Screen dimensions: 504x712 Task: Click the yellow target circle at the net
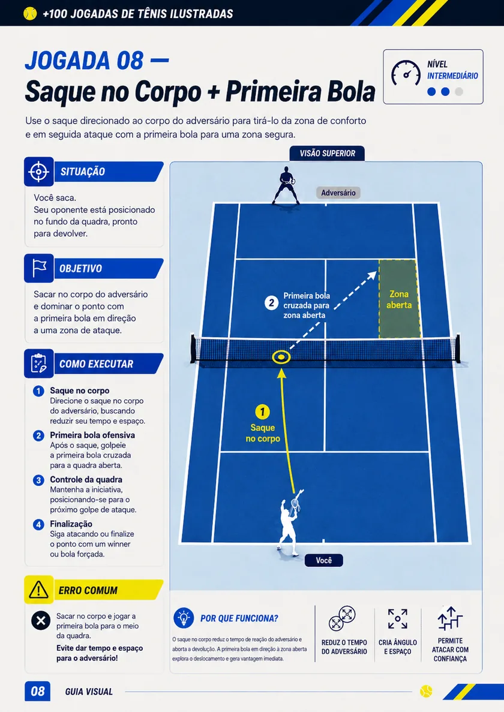[x=281, y=357]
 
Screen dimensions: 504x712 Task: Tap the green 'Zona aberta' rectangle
[x=399, y=299]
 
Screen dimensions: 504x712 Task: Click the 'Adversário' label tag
[x=338, y=193]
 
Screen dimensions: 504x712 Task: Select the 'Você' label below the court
[x=324, y=560]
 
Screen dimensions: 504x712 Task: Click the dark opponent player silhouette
[x=286, y=185]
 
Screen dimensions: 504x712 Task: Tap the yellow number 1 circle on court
[x=262, y=412]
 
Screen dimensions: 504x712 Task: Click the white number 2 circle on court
[x=272, y=303]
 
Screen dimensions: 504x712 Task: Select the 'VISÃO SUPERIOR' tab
[x=327, y=154]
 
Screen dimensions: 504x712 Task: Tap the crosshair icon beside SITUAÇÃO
[x=38, y=172]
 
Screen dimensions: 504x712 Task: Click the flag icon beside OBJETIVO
[x=38, y=268]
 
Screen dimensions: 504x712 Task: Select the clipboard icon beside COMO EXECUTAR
[x=38, y=363]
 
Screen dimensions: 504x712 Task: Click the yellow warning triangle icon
[x=38, y=590]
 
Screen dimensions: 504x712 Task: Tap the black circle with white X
[x=40, y=620]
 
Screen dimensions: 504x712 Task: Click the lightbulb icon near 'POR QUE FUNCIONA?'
[x=184, y=618]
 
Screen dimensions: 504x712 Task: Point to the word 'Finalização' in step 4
[x=71, y=524]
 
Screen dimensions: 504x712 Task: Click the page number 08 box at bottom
[x=37, y=691]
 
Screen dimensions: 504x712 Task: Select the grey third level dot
[x=459, y=92]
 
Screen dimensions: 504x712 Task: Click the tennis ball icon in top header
[x=30, y=14]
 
